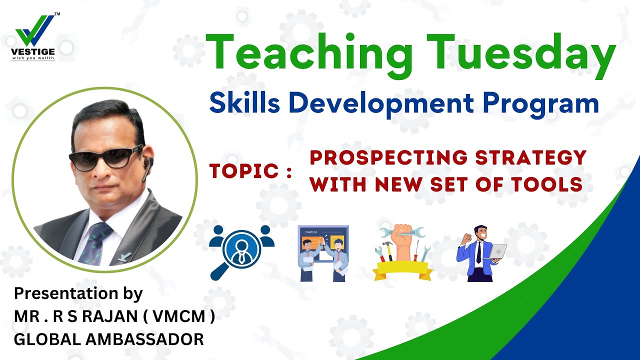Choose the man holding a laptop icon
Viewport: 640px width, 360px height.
coord(480,252)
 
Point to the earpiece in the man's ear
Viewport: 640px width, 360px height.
coord(146,168)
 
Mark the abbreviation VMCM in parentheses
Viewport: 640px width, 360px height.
coord(191,317)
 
